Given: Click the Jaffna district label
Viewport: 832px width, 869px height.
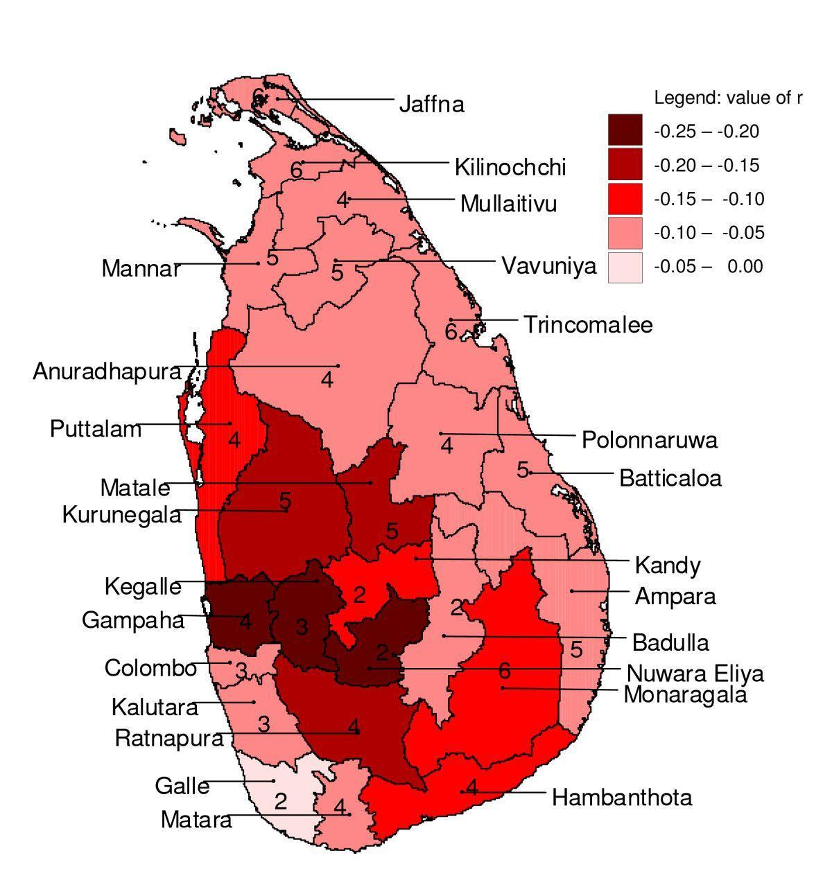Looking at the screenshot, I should (x=431, y=105).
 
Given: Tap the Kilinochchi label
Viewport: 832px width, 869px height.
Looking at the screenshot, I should (x=510, y=168).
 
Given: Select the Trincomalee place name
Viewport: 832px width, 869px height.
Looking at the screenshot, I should (x=587, y=325).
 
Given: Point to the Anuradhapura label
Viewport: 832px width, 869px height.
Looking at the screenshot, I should (x=107, y=372).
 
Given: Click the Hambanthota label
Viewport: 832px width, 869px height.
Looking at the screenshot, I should (x=621, y=798).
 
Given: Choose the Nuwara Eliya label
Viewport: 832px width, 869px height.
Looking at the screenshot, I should (x=695, y=674).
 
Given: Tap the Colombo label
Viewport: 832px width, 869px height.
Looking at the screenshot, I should (x=150, y=669).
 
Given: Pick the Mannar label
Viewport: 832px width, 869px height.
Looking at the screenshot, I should (x=141, y=269).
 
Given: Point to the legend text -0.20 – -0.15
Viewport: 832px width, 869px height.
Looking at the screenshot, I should (x=707, y=166).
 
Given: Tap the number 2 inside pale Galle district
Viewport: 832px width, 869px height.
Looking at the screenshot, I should (x=280, y=802).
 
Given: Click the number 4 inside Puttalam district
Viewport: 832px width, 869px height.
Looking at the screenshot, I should (x=234, y=440).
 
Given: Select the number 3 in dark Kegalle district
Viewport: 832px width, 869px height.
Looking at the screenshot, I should (x=302, y=628).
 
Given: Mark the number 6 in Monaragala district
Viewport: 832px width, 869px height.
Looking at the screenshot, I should (x=504, y=670).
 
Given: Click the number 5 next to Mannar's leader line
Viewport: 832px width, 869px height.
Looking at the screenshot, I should (x=272, y=258).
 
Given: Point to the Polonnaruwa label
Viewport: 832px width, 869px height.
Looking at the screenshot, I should (x=649, y=440).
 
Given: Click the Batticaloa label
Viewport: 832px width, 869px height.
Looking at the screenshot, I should (x=670, y=478).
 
